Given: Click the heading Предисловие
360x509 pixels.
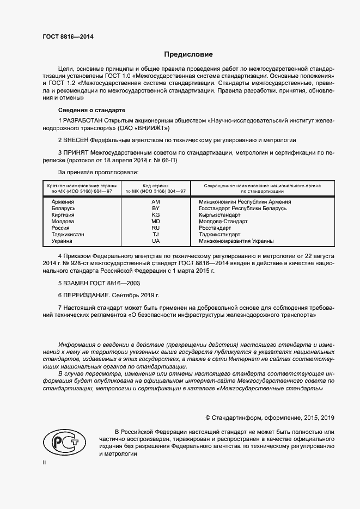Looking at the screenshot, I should [x=188, y=54].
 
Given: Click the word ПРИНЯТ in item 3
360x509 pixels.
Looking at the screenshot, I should [x=76, y=152].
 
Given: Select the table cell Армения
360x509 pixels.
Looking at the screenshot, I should [x=63, y=201].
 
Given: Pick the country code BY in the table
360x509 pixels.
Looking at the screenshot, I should [x=156, y=208].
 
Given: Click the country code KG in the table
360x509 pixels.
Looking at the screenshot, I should [x=156, y=214].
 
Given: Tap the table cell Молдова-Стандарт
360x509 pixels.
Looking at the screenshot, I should [x=223, y=221].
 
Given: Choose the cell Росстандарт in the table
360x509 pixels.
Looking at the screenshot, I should [x=215, y=228].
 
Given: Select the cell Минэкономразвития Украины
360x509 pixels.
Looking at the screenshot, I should [x=236, y=241].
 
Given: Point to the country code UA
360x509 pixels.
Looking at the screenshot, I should [x=156, y=241].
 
